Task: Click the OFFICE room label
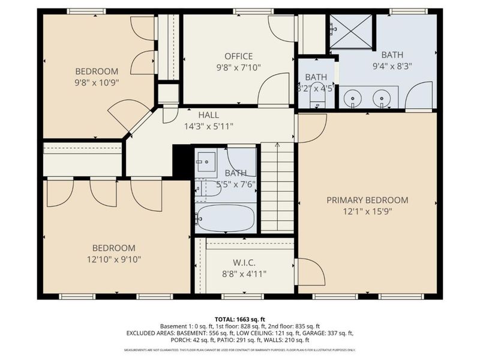pyautogui.click(x=239, y=56)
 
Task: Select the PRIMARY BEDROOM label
pyautogui.click(x=367, y=200)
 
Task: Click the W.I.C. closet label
pyautogui.click(x=245, y=262)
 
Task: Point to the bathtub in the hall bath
pyautogui.click(x=226, y=220)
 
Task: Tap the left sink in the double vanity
pyautogui.click(x=352, y=97)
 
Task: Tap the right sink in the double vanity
pyautogui.click(x=380, y=97)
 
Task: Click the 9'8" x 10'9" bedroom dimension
pyautogui.click(x=97, y=82)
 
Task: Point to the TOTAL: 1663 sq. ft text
pyautogui.click(x=239, y=319)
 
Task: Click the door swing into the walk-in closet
pyautogui.click(x=310, y=272)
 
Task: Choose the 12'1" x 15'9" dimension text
pyautogui.click(x=367, y=211)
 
